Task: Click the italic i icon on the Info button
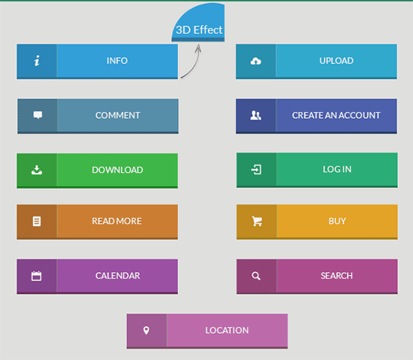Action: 37,61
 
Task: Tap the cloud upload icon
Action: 256,61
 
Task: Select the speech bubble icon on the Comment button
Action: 38,115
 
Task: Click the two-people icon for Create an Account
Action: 256,115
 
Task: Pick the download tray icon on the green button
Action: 37,170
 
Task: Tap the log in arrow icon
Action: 256,169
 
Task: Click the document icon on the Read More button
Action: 37,221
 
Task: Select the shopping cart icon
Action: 257,221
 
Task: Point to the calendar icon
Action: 36,276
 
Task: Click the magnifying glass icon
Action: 256,276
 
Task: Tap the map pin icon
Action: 146,330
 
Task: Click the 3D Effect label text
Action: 199,30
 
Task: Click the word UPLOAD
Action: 336,61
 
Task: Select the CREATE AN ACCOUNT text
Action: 336,115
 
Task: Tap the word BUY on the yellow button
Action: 337,221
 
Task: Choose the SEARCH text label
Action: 336,276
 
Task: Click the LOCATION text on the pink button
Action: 227,330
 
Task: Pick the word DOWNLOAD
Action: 117,170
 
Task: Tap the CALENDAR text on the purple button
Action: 118,276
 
